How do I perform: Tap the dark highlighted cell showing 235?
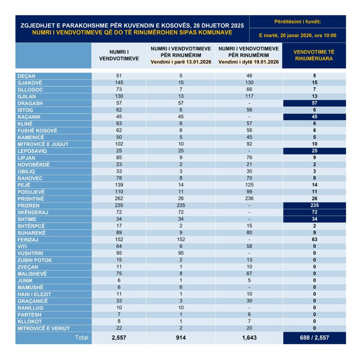pyautogui.click(x=314, y=205)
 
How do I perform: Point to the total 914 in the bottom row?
pyautogui.click(x=181, y=338)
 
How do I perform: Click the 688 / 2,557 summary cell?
pyautogui.click(x=314, y=338)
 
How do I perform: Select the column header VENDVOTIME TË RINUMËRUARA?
pyautogui.click(x=314, y=55)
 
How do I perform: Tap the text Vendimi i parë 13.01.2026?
pyautogui.click(x=181, y=62)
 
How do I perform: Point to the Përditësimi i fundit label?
pyautogui.click(x=297, y=22)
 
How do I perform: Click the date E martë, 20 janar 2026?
pyautogui.click(x=297, y=35)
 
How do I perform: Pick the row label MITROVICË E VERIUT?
pyautogui.click(x=44, y=328)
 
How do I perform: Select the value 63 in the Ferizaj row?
pyautogui.click(x=314, y=239)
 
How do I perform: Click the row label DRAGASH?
pyautogui.click(x=30, y=103)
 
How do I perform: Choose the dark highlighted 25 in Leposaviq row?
pyautogui.click(x=314, y=151)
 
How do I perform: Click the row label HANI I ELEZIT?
pyautogui.click(x=34, y=294)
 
